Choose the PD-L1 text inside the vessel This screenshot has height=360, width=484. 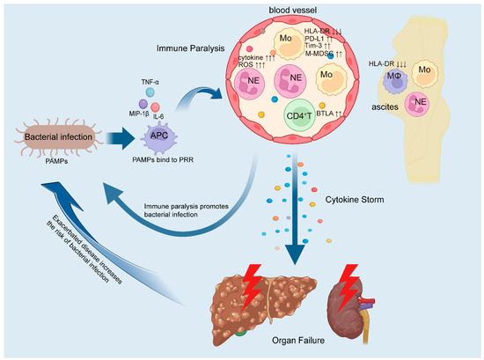[345, 40]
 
